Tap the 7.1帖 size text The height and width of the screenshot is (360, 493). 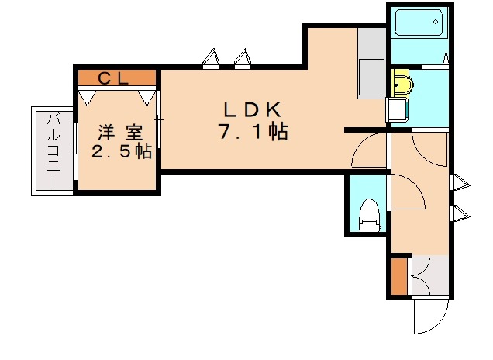coord(253,133)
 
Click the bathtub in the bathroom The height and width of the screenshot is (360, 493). coord(419,24)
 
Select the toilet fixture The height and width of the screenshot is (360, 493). coord(370,215)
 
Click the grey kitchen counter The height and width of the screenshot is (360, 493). coord(371,66)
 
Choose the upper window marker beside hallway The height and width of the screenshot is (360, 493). coord(460,184)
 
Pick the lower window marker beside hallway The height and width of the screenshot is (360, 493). coord(460,213)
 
